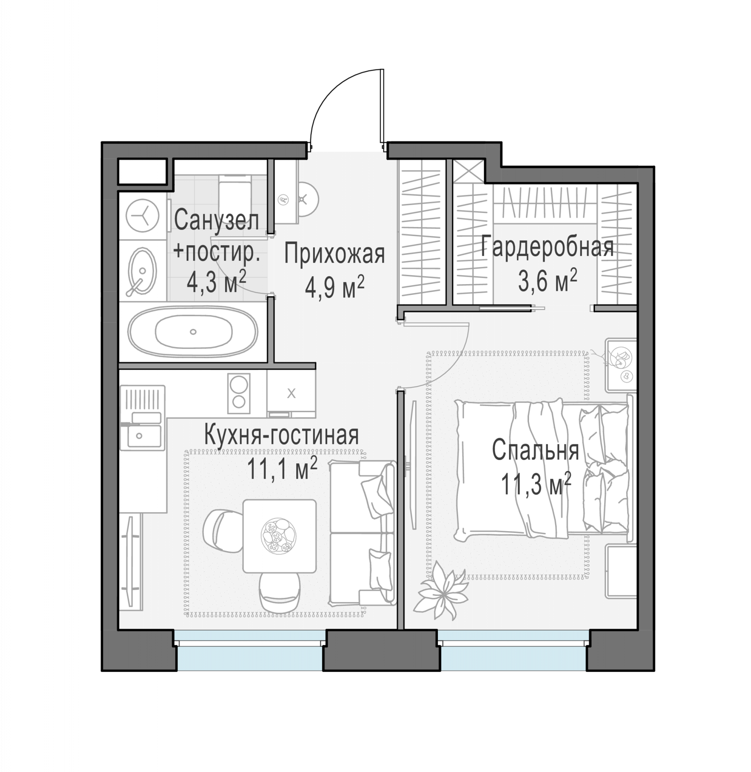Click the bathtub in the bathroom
pyautogui.click(x=192, y=332)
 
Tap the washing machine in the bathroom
pyautogui.click(x=142, y=216)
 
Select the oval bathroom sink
pyautogui.click(x=142, y=271)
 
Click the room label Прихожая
pyautogui.click(x=334, y=254)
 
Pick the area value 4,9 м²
pyautogui.click(x=334, y=287)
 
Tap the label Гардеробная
pyautogui.click(x=547, y=246)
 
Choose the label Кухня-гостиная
pyautogui.click(x=282, y=435)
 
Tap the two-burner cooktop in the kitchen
pyautogui.click(x=239, y=393)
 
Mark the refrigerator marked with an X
pyautogui.click(x=291, y=393)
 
